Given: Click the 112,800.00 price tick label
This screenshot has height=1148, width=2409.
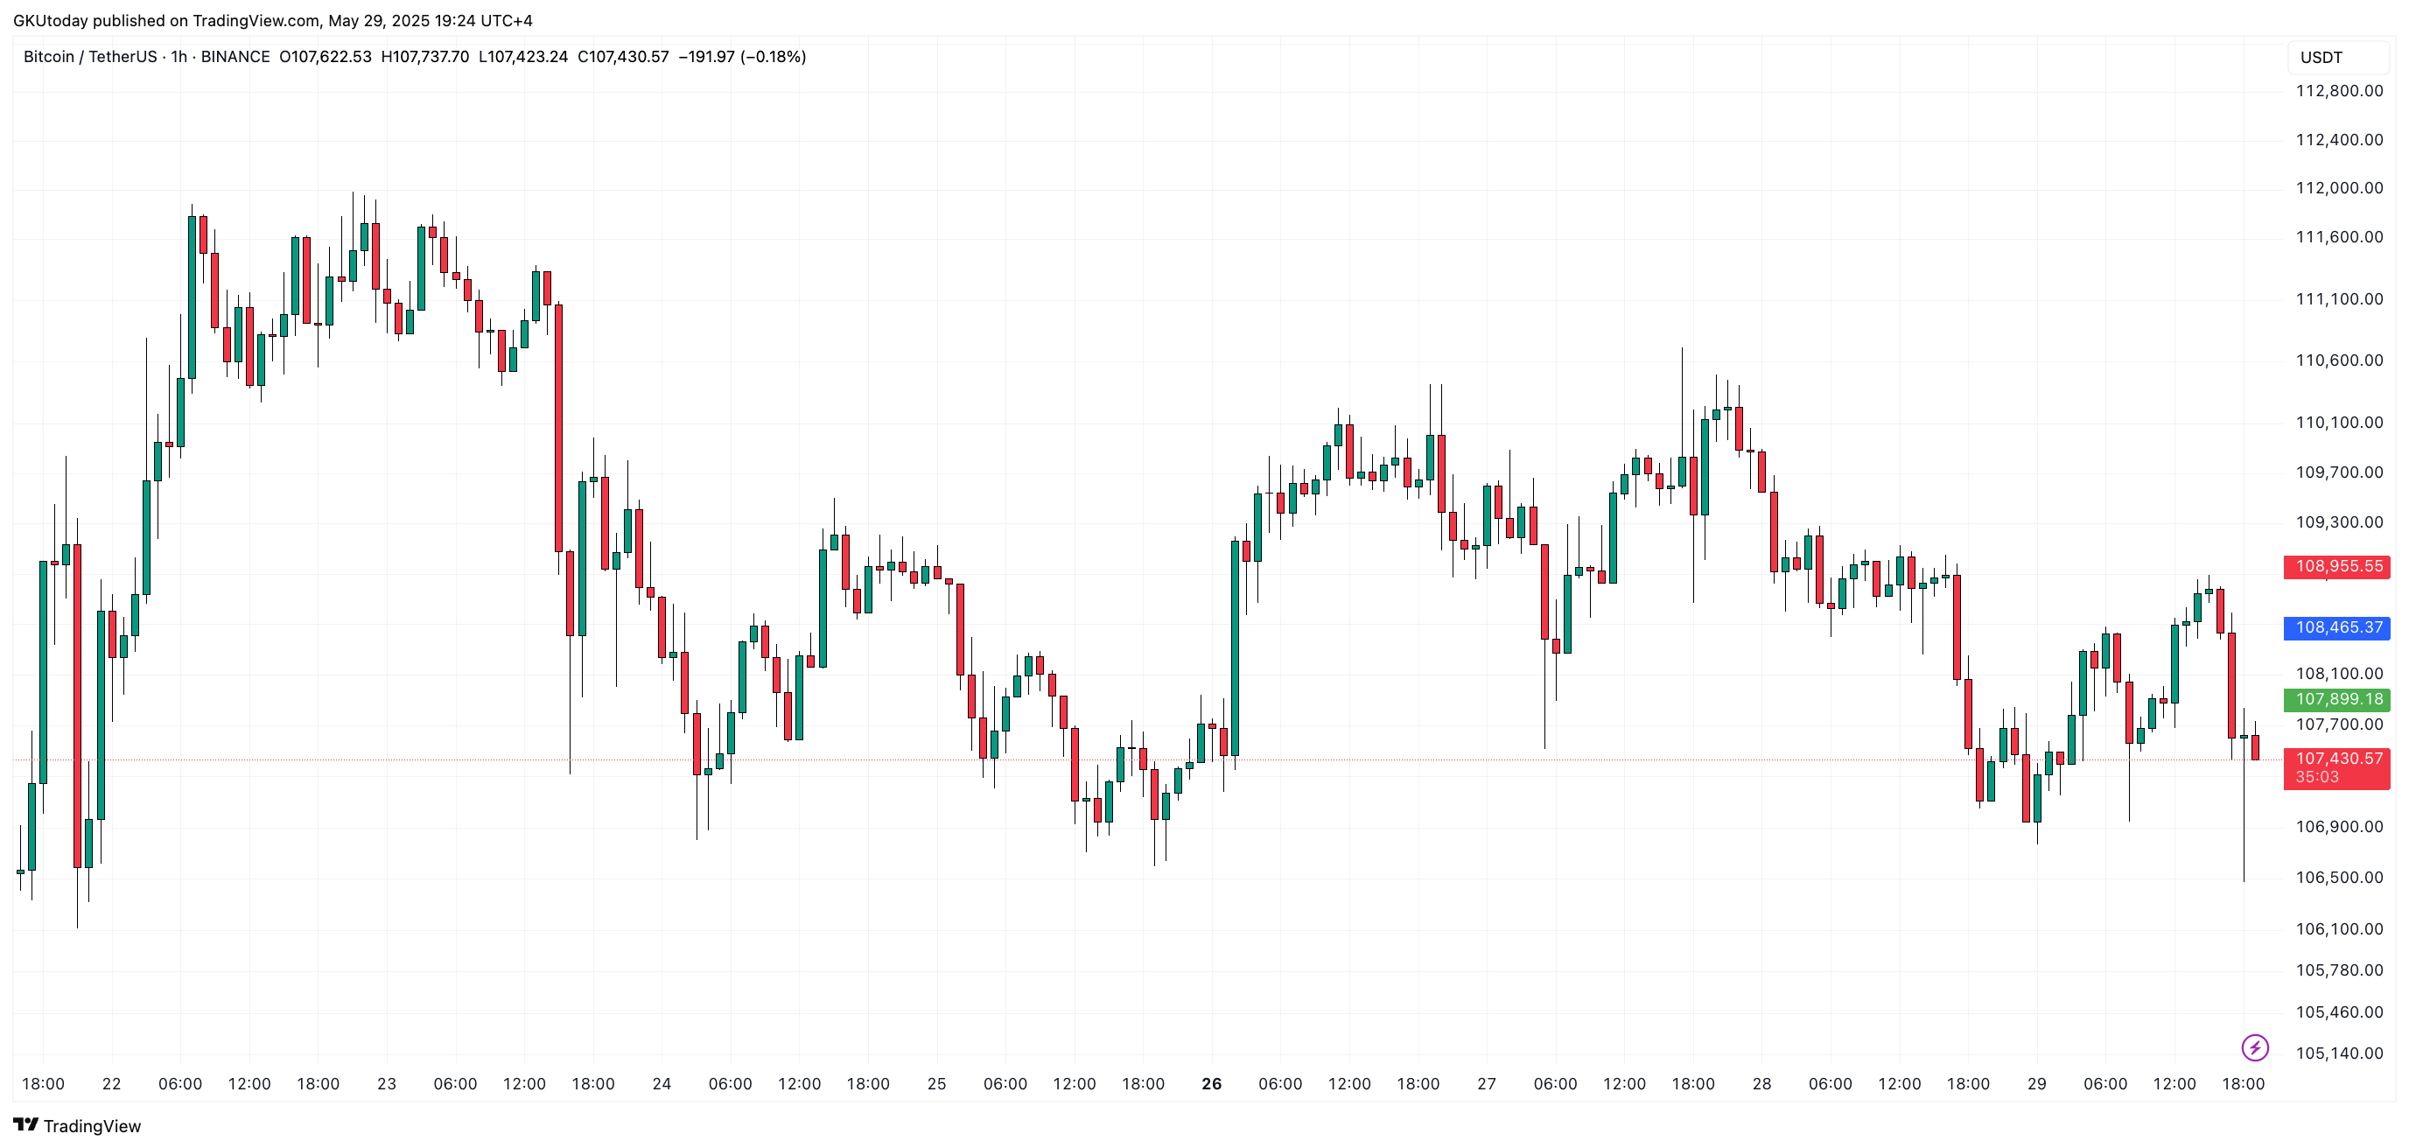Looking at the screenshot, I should point(2339,91).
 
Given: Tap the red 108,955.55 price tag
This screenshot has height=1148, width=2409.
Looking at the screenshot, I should point(2338,566).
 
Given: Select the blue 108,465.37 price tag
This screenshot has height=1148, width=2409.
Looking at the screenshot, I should point(2338,627).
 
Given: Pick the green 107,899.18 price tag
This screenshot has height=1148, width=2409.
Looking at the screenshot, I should point(2338,699).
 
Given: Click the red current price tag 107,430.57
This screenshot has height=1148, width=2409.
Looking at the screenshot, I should point(2338,758).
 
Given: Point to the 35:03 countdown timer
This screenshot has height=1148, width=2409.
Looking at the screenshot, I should point(2316,778).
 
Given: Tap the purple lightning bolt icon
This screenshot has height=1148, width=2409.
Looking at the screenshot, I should point(2255,1048).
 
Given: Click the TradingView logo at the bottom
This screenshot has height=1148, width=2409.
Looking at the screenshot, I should point(78,1125).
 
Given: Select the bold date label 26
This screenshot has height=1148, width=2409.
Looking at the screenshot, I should point(1211,1084).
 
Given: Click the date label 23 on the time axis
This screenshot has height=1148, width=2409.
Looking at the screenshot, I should point(386,1084).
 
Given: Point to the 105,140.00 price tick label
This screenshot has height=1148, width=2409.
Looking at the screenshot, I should point(2339,1053).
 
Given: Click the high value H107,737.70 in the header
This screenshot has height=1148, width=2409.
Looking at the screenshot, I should point(424,57).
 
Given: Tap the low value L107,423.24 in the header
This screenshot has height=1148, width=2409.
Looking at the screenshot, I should point(522,57).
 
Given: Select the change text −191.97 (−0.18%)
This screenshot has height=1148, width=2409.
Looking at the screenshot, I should point(741,57).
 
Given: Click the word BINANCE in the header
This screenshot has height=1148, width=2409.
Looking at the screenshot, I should point(235,57).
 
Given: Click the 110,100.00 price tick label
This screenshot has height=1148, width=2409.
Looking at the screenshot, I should point(2339,423).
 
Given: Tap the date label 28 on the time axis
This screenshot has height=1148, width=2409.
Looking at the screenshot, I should point(1761,1084).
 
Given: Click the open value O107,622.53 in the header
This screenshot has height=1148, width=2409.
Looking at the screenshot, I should point(326,57).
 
